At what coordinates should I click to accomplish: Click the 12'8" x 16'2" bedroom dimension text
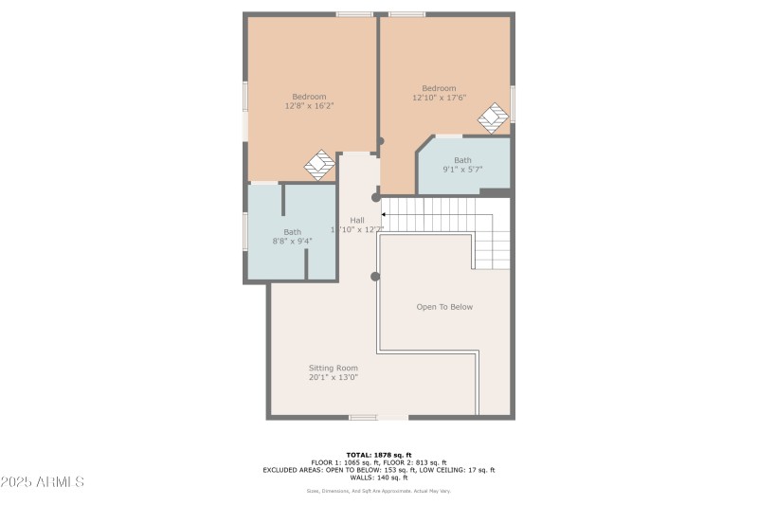coord(309,106)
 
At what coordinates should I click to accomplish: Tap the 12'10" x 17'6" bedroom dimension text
coord(439,98)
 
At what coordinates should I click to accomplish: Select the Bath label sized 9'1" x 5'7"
coord(462,160)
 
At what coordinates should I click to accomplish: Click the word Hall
coord(357,220)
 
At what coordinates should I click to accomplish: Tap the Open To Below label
coord(444,307)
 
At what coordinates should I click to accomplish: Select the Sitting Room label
coord(333,368)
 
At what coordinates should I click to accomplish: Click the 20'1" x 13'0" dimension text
coord(333,377)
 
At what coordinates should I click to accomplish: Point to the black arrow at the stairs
coord(383,215)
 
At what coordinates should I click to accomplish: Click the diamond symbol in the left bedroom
coord(319,165)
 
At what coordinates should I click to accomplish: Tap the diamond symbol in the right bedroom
coord(493,118)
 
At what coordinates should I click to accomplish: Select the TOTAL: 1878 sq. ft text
coord(379,455)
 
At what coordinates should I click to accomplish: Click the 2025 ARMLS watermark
coord(43,482)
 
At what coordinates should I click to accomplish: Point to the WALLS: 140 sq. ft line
coord(379,478)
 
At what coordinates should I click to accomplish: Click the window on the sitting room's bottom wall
coord(363,417)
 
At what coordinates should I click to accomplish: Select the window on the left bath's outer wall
coord(245,232)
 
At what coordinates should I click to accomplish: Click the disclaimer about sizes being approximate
coord(379,491)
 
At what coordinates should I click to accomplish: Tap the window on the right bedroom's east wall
coord(513,103)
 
